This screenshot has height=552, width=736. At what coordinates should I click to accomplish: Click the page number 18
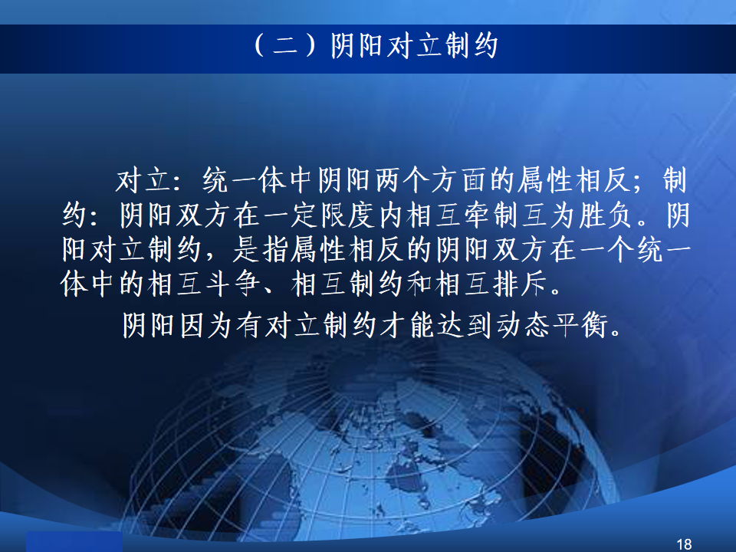pyautogui.click(x=684, y=544)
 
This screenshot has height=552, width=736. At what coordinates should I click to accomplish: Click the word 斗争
pyautogui.click(x=232, y=284)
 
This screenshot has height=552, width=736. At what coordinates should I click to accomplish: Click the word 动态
pyautogui.click(x=523, y=325)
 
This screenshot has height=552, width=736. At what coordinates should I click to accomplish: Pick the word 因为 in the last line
pyautogui.click(x=206, y=325)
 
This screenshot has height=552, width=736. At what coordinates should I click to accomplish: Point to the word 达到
pyautogui.click(x=465, y=325)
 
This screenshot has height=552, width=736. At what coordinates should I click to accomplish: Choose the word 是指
pyautogui.click(x=261, y=249)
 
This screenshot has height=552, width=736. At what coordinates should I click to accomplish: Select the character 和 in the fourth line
pyautogui.click(x=419, y=284)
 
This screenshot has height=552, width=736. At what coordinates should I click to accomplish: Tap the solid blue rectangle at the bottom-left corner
pyautogui.click(x=74, y=542)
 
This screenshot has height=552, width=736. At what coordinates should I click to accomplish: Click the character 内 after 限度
pyautogui.click(x=391, y=215)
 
